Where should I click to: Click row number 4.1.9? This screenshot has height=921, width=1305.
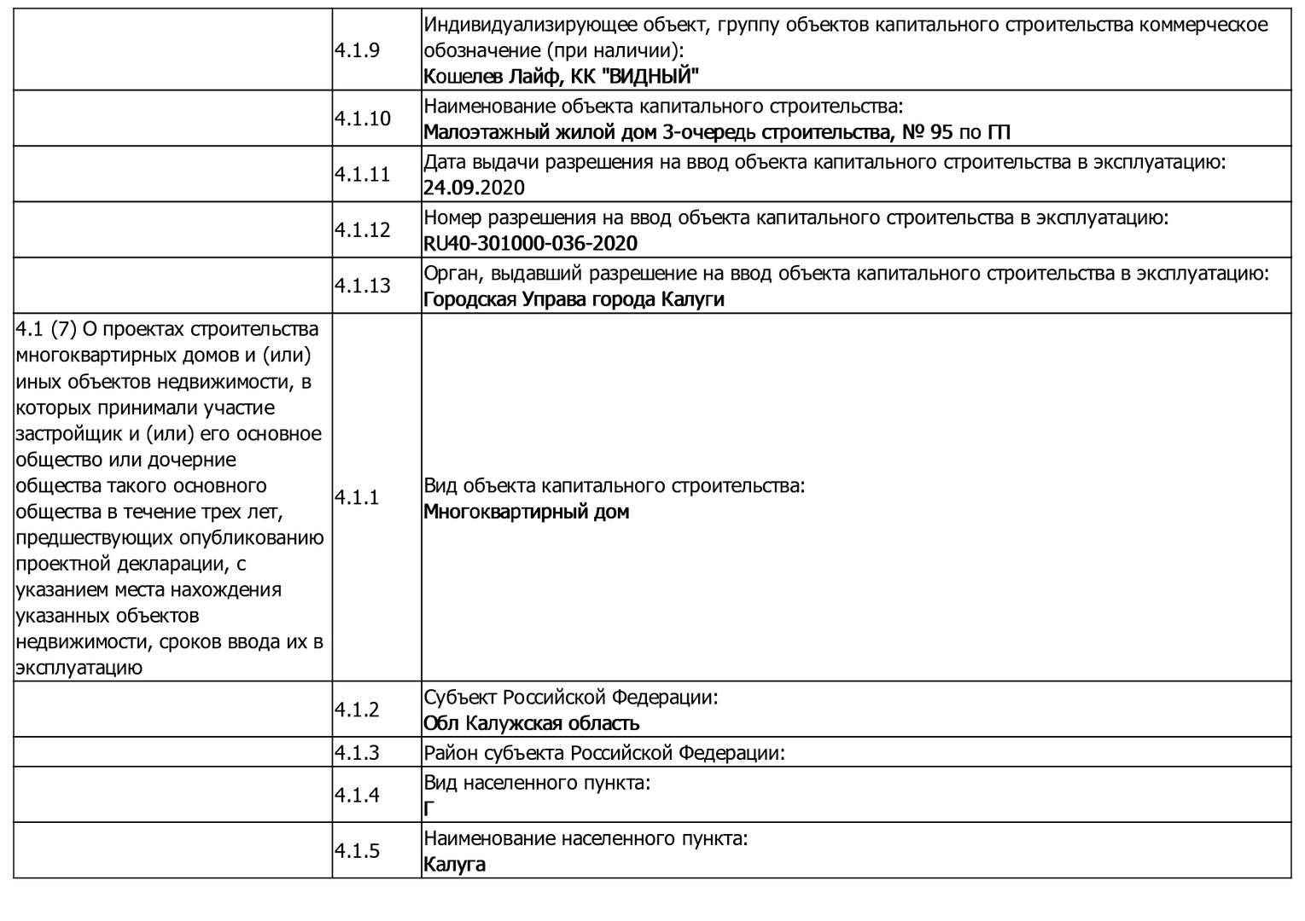coord(357,49)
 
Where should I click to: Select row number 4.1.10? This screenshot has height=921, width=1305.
coord(362,119)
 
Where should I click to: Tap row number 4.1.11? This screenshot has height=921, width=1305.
coord(362,174)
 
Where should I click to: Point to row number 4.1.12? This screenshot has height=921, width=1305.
coord(362,230)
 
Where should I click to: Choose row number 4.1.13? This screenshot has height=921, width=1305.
coord(362,286)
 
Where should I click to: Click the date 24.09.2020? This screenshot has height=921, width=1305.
coord(474,188)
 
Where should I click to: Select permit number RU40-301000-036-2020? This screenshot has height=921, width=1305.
coord(530,244)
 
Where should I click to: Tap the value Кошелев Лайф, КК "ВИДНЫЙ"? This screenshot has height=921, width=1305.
coord(561,77)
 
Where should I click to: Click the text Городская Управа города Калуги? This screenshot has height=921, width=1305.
coord(574,299)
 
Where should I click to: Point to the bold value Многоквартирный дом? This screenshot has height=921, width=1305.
coord(526,513)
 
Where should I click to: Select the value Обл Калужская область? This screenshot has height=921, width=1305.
coord(531,724)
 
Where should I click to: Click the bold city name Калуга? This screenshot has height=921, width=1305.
coord(454,865)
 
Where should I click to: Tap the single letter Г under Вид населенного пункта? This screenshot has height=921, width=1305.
coord(428,808)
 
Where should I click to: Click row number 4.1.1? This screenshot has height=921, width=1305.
coord(357,498)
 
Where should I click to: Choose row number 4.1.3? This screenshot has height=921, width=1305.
coord(357,753)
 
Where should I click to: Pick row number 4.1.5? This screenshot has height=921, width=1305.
coord(357,851)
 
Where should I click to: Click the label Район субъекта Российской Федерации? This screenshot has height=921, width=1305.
coord(603,753)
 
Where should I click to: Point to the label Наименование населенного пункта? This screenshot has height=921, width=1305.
coord(586,838)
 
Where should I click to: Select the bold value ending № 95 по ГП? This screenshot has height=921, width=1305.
coord(717,132)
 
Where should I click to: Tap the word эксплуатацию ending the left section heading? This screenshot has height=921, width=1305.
coord(79,668)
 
